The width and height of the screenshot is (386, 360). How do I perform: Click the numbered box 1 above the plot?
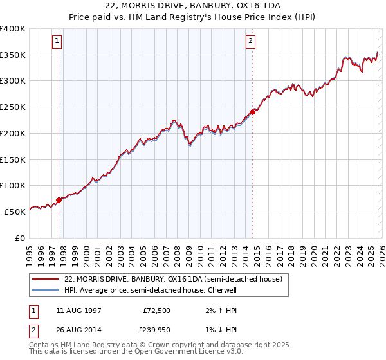coord(58,42)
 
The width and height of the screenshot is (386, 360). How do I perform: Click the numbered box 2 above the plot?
coord(250,42)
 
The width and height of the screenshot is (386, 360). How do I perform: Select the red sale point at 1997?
coord(59,200)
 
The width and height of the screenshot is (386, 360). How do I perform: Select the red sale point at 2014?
coord(252,112)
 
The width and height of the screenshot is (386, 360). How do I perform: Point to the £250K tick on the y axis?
coord(13,107)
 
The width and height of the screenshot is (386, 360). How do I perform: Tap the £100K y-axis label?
coord(13,186)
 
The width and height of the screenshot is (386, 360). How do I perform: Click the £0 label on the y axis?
coord(19,238)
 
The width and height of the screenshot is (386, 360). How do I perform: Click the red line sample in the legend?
coord(45,280)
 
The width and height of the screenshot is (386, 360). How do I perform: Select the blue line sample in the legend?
coord(45,290)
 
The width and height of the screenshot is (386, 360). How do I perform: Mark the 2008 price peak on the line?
coord(174,120)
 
